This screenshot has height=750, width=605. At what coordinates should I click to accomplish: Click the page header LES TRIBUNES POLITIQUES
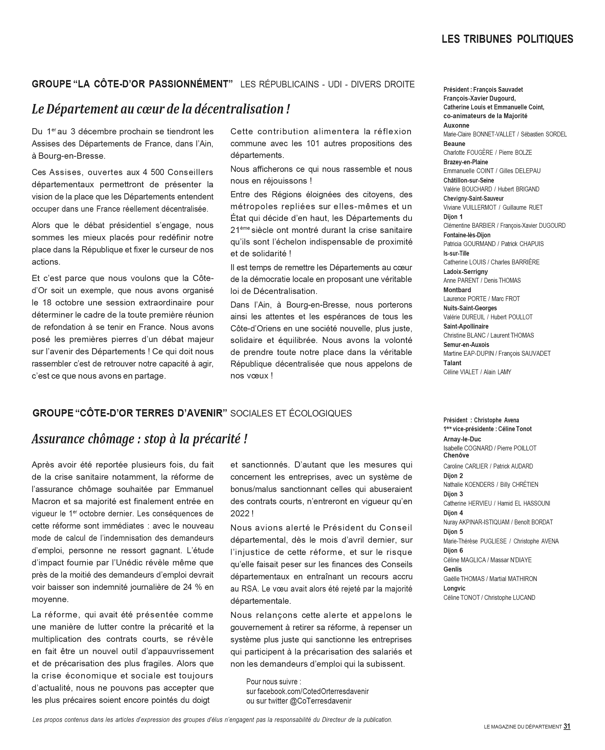point(507,39)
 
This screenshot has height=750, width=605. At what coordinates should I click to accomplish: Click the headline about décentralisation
point(161,109)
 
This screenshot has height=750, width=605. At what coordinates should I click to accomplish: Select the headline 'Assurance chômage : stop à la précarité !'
point(139,439)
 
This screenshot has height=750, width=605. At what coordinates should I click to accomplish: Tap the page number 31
point(567,727)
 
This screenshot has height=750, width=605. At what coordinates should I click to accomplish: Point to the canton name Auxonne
point(456,125)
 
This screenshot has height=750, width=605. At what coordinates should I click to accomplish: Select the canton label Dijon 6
point(453,551)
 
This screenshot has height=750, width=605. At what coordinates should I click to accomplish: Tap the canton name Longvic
point(454,588)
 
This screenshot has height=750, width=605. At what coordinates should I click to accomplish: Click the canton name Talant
point(452,363)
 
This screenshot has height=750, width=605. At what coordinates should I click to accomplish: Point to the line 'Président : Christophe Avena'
point(481,420)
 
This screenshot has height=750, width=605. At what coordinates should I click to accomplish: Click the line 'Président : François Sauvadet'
point(483,90)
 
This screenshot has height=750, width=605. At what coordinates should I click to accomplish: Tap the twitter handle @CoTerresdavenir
point(320,701)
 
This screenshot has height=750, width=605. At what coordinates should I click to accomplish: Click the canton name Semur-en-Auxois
point(466,345)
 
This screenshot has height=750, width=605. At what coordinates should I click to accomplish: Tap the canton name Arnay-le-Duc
point(462,439)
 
